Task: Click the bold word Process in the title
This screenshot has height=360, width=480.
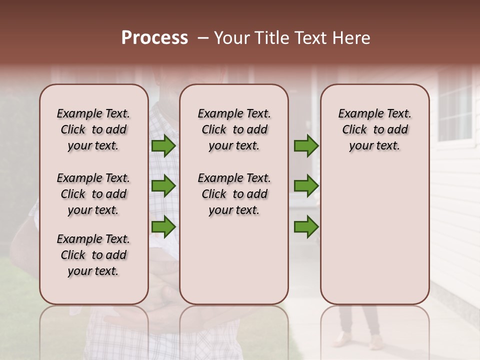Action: point(154,38)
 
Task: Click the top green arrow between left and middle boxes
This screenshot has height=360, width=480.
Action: point(163,146)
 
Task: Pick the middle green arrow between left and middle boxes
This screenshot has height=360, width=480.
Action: point(163,186)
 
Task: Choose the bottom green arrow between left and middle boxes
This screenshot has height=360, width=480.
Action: point(163,227)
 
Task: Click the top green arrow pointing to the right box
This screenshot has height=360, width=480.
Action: point(306,146)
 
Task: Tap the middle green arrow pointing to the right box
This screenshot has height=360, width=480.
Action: point(306,186)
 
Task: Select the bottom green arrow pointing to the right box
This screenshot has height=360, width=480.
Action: point(306,227)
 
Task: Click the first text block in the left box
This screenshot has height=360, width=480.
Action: point(93,129)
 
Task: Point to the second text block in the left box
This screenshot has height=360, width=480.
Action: point(93,194)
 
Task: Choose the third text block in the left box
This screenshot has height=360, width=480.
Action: point(93,255)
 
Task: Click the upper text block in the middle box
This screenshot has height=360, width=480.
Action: point(234,129)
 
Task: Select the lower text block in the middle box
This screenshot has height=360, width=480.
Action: point(234,194)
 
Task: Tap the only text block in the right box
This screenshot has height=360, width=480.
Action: point(374,129)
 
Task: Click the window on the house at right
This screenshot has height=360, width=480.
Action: point(454,107)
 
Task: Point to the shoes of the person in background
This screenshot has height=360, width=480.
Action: point(360,340)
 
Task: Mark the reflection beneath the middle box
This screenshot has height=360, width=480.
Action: point(234,330)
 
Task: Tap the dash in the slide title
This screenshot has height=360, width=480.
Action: point(203,38)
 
